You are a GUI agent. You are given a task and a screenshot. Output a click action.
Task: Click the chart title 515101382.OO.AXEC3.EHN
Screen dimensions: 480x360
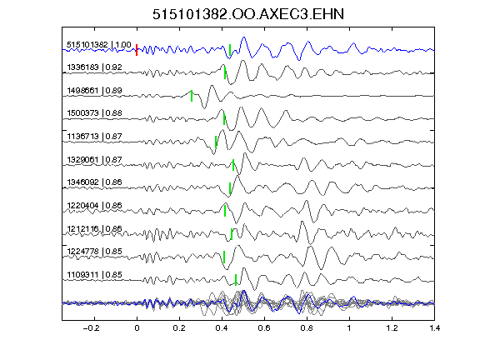click(x=248, y=14)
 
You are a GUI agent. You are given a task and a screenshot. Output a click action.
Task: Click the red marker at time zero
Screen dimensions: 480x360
click(x=137, y=50)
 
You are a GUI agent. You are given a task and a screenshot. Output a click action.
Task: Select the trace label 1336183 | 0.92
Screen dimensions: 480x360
click(x=95, y=67)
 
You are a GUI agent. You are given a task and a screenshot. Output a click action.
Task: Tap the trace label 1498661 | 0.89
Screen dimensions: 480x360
click(x=95, y=91)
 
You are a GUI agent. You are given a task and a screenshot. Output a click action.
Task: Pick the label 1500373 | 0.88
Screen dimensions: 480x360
click(x=95, y=113)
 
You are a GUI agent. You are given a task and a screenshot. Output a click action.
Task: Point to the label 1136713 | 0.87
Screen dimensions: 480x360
click(x=95, y=137)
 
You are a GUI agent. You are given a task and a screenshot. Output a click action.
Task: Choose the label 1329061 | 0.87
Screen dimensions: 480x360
click(x=95, y=160)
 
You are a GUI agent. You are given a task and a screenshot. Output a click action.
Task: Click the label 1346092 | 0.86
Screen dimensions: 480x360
click(x=95, y=182)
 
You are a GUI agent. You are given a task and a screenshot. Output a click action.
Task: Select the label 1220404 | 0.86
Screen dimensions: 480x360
click(x=95, y=205)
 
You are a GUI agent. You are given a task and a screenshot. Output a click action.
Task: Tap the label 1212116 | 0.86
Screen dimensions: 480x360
click(x=95, y=229)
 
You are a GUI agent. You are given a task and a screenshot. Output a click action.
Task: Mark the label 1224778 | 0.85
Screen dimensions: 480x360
click(x=95, y=252)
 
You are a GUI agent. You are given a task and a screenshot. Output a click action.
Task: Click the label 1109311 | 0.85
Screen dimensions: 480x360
click(x=95, y=275)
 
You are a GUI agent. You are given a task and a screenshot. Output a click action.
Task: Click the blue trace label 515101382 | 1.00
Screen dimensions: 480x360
click(x=99, y=45)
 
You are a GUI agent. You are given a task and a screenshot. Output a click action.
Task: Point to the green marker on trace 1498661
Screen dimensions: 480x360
click(x=192, y=96)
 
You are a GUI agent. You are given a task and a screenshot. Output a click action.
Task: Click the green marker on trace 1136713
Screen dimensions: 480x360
click(x=216, y=142)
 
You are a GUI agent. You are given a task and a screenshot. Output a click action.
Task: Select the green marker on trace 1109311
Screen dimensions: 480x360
click(x=236, y=280)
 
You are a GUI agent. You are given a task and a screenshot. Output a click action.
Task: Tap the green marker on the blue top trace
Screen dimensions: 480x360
click(x=230, y=50)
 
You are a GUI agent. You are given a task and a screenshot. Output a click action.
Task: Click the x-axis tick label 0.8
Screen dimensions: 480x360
click(x=307, y=328)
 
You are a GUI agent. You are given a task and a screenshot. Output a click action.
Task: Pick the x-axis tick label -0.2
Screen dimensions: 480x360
click(x=91, y=328)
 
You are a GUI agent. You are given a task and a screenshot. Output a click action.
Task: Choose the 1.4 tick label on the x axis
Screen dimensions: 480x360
click(x=435, y=328)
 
